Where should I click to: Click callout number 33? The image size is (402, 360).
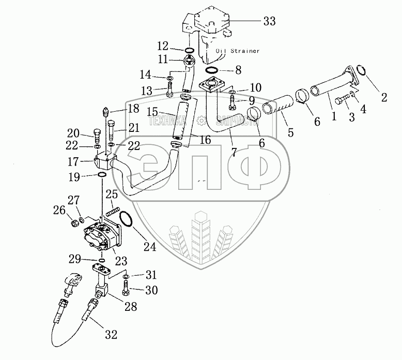[269, 21]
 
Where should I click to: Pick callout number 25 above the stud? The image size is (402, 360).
[112, 194]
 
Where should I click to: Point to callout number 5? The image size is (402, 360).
[291, 133]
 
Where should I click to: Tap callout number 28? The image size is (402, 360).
[130, 307]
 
